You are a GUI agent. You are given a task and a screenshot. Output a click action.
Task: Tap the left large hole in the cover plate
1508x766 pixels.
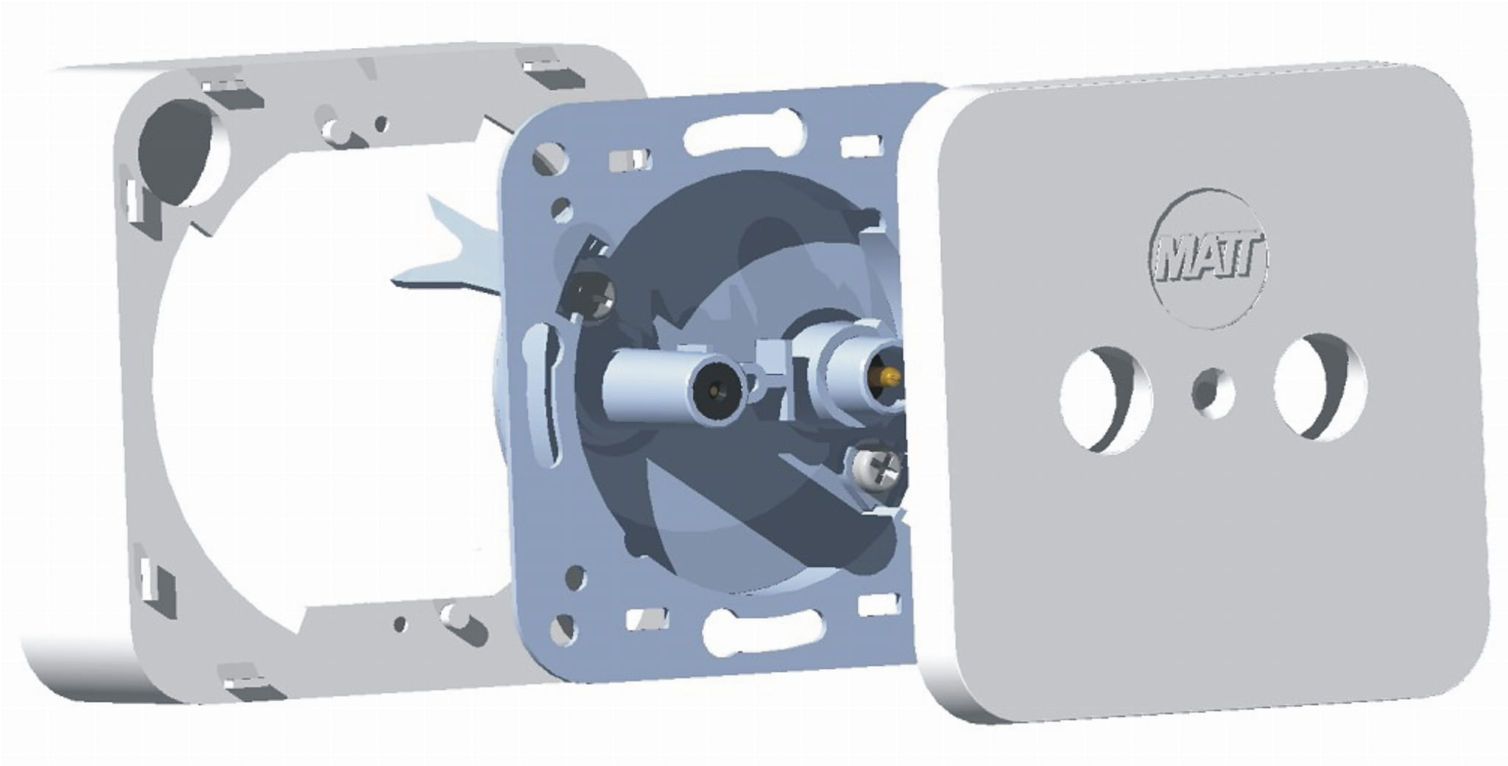click(1105, 399)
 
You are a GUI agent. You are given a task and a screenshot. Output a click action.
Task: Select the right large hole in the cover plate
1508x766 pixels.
click(1321, 387)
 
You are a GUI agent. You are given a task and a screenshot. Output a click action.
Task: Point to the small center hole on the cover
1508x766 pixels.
click(1213, 391)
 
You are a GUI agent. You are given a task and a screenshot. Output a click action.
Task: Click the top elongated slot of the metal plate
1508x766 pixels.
click(744, 131)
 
